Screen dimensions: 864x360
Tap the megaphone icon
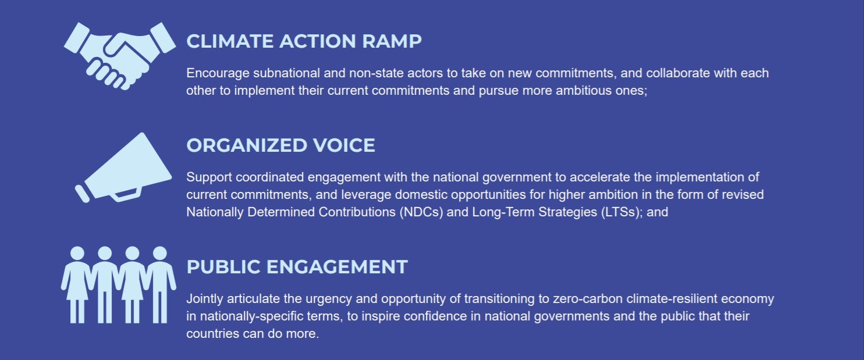point(123,167)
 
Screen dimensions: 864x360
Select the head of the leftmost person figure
point(77,253)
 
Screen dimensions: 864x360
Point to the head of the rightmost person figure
point(159,253)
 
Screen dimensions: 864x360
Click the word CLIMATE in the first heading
point(230,41)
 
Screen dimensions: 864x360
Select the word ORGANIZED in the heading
point(247,145)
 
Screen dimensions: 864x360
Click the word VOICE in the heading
point(344,145)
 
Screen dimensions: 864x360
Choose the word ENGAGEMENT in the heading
point(337,267)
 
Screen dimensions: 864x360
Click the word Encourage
point(218,73)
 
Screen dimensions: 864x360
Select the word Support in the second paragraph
point(209,178)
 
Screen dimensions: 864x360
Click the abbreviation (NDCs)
point(421,212)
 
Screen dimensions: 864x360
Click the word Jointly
point(205,299)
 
